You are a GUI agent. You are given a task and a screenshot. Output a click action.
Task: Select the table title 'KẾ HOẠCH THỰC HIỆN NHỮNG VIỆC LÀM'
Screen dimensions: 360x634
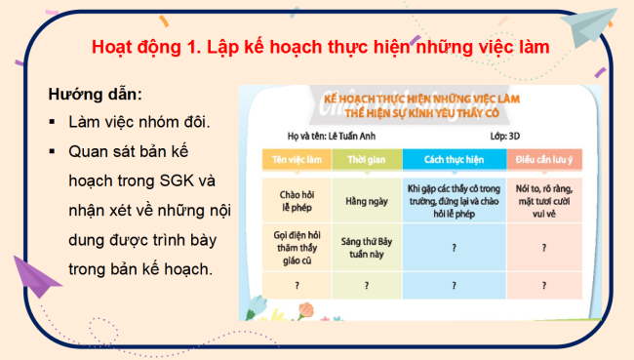(x=421, y=100)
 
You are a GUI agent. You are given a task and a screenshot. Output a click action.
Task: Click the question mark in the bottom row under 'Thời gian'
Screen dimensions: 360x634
(x=366, y=286)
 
